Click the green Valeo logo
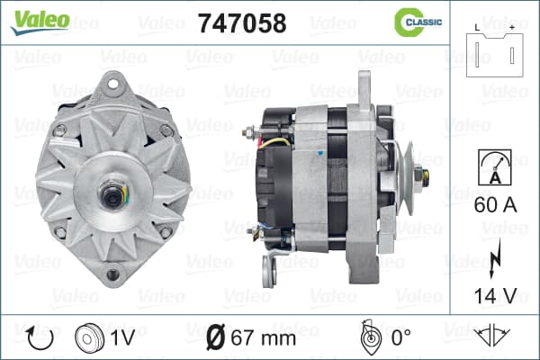[x=40, y=22]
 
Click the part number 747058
[x=242, y=23]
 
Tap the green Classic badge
[x=418, y=22]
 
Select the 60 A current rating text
[x=495, y=205]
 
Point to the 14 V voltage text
[x=495, y=296]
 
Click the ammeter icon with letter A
[x=495, y=167]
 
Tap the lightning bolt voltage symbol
[x=494, y=258]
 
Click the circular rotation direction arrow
[x=40, y=338]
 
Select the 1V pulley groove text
[x=122, y=338]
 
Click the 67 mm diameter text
[x=263, y=338]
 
